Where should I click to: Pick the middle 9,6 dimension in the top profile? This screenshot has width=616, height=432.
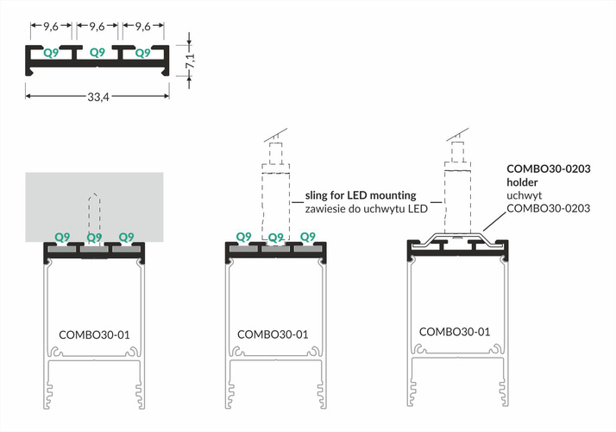(x=97, y=26)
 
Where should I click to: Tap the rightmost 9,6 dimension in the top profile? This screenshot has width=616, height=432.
(x=140, y=26)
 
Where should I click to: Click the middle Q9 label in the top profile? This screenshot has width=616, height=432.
(x=97, y=53)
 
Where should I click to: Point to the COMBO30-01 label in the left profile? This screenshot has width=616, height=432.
(x=94, y=333)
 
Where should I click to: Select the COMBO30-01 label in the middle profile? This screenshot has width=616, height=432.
(x=273, y=333)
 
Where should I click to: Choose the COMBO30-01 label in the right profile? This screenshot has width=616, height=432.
(x=455, y=331)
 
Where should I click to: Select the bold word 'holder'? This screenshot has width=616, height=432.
(x=524, y=183)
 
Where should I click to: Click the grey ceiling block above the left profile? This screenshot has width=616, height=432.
(x=52, y=203)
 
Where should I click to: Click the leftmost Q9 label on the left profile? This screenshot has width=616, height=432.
(x=62, y=236)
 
